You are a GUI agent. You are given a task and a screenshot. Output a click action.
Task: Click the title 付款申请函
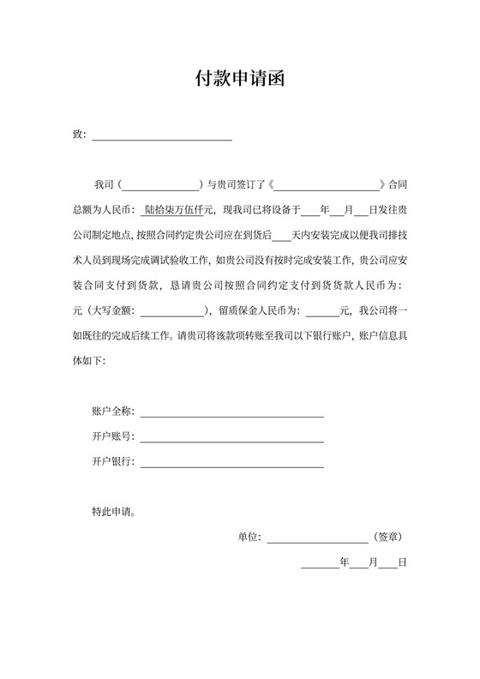click(x=239, y=81)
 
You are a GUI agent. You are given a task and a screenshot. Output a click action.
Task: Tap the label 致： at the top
click(x=80, y=135)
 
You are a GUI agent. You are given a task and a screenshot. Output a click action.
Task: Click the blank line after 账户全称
click(x=232, y=413)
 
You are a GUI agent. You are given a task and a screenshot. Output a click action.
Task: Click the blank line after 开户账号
click(x=232, y=439)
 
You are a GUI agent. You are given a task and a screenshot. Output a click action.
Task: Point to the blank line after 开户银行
click(x=232, y=464)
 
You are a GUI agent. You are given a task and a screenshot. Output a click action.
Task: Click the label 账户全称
click(x=112, y=412)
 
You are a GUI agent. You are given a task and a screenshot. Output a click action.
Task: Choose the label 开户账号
click(x=112, y=437)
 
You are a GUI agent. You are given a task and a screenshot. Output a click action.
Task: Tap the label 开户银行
click(x=112, y=462)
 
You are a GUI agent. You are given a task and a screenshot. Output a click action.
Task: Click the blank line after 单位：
click(x=318, y=539)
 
